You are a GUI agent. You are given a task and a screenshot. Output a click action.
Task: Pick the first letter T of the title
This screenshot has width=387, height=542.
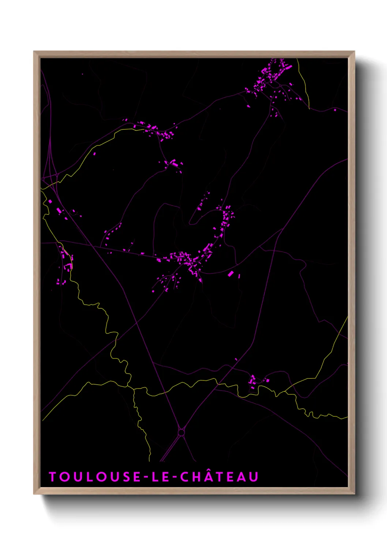click(52, 477)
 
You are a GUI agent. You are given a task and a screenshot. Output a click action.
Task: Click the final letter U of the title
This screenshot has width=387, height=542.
click(254, 477)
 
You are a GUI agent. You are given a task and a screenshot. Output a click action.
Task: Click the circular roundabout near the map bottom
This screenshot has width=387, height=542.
click(181, 433)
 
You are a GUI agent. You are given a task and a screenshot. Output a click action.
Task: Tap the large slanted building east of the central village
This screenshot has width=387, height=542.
click(230, 274)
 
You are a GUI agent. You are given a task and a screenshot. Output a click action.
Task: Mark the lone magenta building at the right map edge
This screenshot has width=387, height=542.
click(335, 109)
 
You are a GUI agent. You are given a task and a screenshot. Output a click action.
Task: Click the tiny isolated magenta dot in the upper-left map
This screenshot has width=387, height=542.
click(82, 74)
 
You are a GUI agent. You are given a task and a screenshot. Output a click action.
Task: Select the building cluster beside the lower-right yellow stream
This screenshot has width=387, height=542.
click(253, 382)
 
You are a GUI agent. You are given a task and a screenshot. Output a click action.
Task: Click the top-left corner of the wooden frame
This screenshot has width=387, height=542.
click(34, 52)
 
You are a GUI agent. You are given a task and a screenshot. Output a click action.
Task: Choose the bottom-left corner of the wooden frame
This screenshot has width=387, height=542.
click(34, 494)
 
